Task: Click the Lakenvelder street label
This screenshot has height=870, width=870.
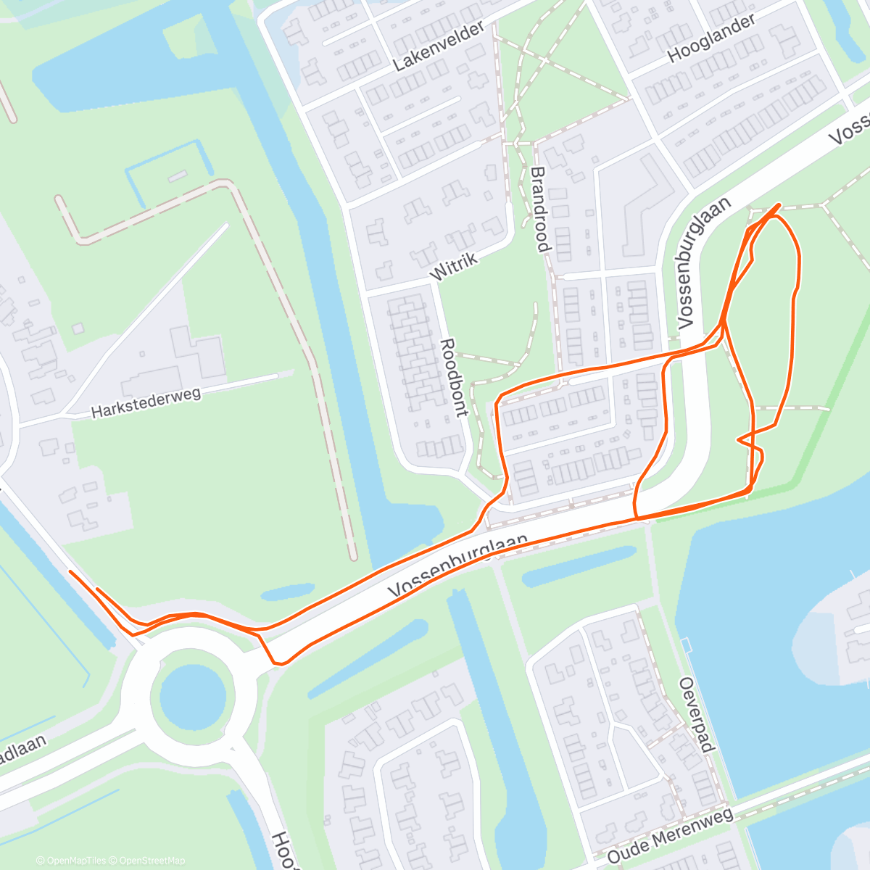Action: pos(438,46)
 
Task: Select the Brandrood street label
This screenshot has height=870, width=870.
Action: pos(539,210)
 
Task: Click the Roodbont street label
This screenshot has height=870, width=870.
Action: pos(453,377)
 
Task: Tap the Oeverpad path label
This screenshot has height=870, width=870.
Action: pos(697,714)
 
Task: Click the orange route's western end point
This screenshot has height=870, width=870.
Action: pos(70,572)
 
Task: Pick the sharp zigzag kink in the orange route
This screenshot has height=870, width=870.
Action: pos(739,439)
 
